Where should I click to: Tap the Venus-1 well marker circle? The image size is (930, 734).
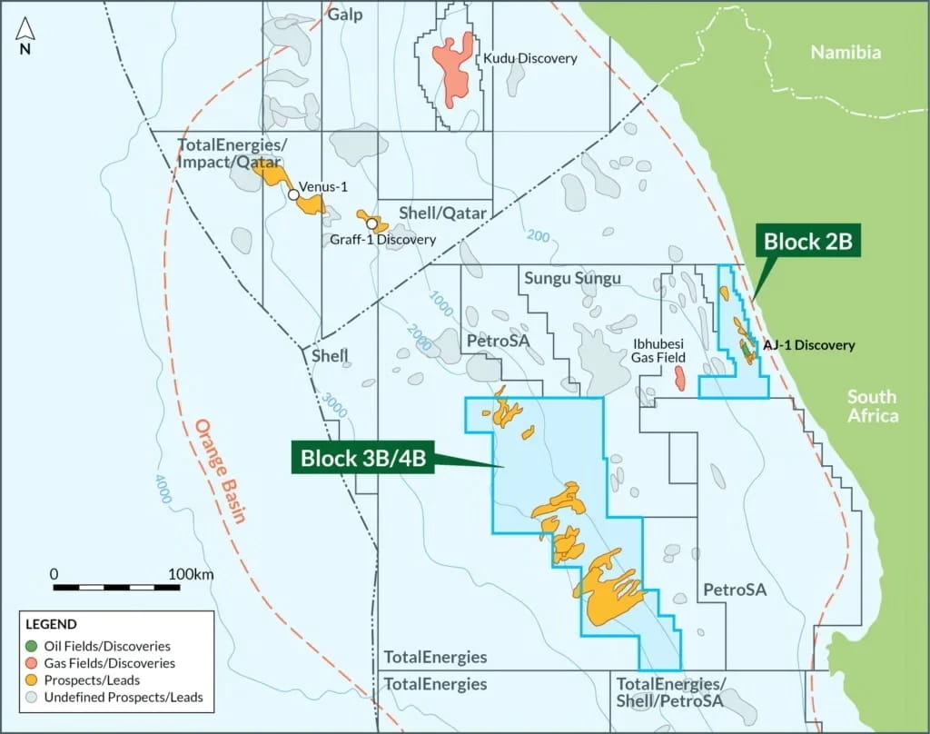(293, 194)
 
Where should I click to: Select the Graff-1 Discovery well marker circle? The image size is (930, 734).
(371, 223)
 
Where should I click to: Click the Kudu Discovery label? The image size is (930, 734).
(529, 58)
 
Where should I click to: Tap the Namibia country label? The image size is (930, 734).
(846, 53)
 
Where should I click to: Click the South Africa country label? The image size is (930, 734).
(872, 406)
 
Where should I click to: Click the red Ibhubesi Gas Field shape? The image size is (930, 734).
(679, 379)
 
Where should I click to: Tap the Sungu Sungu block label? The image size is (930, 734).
(572, 278)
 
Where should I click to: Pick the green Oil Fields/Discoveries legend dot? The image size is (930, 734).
(32, 646)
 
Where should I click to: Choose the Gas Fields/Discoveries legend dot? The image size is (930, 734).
(32, 663)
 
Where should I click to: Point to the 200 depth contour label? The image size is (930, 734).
(538, 237)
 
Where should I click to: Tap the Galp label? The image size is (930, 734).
(345, 15)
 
